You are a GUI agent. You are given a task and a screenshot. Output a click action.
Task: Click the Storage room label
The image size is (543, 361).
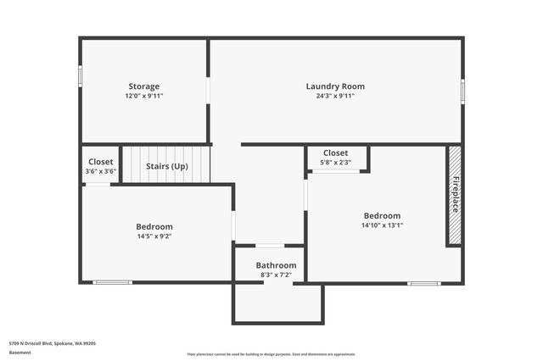[143, 86]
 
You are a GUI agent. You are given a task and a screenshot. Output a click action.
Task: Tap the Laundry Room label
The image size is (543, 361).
[335, 86]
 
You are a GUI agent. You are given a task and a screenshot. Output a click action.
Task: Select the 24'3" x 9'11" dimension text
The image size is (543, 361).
[335, 96]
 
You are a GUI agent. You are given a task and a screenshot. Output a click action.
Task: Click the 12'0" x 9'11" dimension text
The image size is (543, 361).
[143, 96]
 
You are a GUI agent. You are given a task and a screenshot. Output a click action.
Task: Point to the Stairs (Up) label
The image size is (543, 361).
[167, 166]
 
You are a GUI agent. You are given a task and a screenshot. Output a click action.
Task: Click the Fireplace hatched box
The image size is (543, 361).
[455, 195]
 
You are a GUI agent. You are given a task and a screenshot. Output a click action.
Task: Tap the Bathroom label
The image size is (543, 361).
[277, 265]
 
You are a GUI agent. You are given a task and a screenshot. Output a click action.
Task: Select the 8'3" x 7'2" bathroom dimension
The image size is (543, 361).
[277, 275]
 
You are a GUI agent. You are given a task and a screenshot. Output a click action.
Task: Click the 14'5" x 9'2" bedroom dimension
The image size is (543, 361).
[154, 236]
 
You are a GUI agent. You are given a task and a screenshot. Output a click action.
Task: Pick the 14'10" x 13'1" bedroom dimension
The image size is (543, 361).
[382, 225]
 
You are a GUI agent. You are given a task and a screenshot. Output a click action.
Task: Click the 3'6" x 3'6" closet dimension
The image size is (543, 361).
[101, 171]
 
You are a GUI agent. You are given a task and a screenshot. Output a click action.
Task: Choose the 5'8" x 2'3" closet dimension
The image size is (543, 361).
[335, 162]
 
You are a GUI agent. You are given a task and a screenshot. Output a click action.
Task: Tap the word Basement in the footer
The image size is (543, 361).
[20, 352]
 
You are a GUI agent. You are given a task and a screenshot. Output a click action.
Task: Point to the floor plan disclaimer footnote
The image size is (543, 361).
[271, 354]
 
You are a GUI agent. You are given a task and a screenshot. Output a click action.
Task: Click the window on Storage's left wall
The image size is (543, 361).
[81, 76]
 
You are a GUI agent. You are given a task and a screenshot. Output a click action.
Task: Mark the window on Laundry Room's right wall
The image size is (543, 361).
[462, 91]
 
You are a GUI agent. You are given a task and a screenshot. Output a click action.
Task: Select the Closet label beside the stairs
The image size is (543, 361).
[101, 162]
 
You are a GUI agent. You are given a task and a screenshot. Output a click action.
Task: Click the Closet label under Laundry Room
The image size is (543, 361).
[335, 153]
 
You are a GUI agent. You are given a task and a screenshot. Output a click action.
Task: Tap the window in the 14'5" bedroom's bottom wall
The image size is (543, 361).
[113, 282]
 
